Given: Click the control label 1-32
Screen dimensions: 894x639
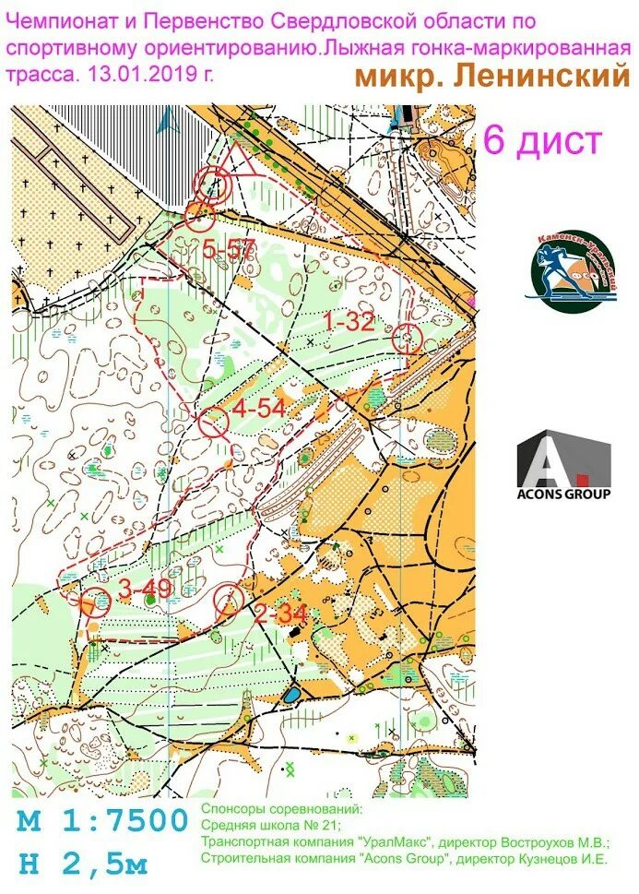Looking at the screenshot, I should pyautogui.click(x=349, y=322).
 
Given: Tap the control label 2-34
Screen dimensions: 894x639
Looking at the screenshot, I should pyautogui.click(x=280, y=614).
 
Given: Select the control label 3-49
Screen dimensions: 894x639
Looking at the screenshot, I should pyautogui.click(x=145, y=589).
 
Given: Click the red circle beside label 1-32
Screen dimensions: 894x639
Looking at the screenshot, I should pyautogui.click(x=407, y=340).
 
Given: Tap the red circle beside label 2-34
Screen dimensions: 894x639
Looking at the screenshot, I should pyautogui.click(x=228, y=602).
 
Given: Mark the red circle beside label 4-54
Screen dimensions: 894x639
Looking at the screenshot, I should pyautogui.click(x=214, y=423).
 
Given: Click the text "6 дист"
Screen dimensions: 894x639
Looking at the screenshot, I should pyautogui.click(x=543, y=141).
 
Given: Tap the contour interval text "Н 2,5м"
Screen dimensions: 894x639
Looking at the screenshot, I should pyautogui.click(x=83, y=864).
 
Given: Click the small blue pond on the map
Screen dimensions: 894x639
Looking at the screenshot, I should pyautogui.click(x=292, y=693).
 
